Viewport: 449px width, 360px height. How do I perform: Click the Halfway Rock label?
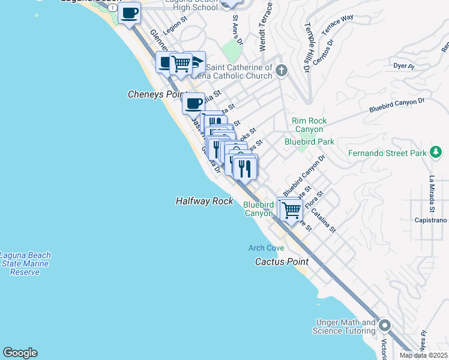tap(204, 202)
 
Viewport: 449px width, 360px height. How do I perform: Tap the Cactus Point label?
tap(282, 262)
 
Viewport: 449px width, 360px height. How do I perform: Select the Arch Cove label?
tap(267, 248)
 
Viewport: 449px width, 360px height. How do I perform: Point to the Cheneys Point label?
tap(154, 95)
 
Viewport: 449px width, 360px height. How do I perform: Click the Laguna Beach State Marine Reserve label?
tap(25, 263)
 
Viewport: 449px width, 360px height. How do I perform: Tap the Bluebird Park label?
tap(309, 142)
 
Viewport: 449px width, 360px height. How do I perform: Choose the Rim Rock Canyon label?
tap(309, 125)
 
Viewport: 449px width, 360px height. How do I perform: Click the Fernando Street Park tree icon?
tap(436, 153)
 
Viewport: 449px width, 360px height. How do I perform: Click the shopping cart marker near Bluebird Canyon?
tap(291, 211)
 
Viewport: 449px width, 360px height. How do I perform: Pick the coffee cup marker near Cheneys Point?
tap(193, 104)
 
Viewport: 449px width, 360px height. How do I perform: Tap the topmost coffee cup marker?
tap(129, 13)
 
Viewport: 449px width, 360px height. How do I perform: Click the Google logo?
tap(20, 353)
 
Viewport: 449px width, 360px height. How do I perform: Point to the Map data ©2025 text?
tap(424, 355)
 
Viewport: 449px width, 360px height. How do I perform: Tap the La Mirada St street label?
tap(431, 194)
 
